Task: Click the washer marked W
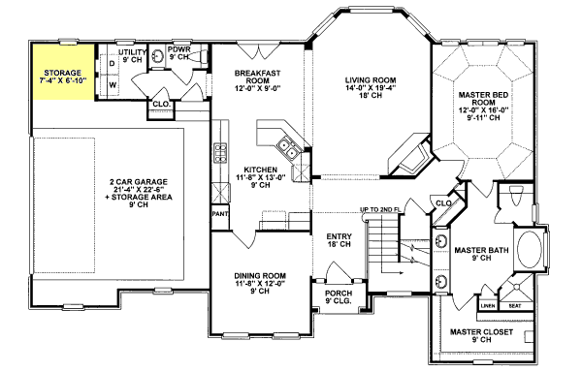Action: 113,84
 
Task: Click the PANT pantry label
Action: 219,212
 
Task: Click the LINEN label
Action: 488,307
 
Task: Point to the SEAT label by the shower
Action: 515,307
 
